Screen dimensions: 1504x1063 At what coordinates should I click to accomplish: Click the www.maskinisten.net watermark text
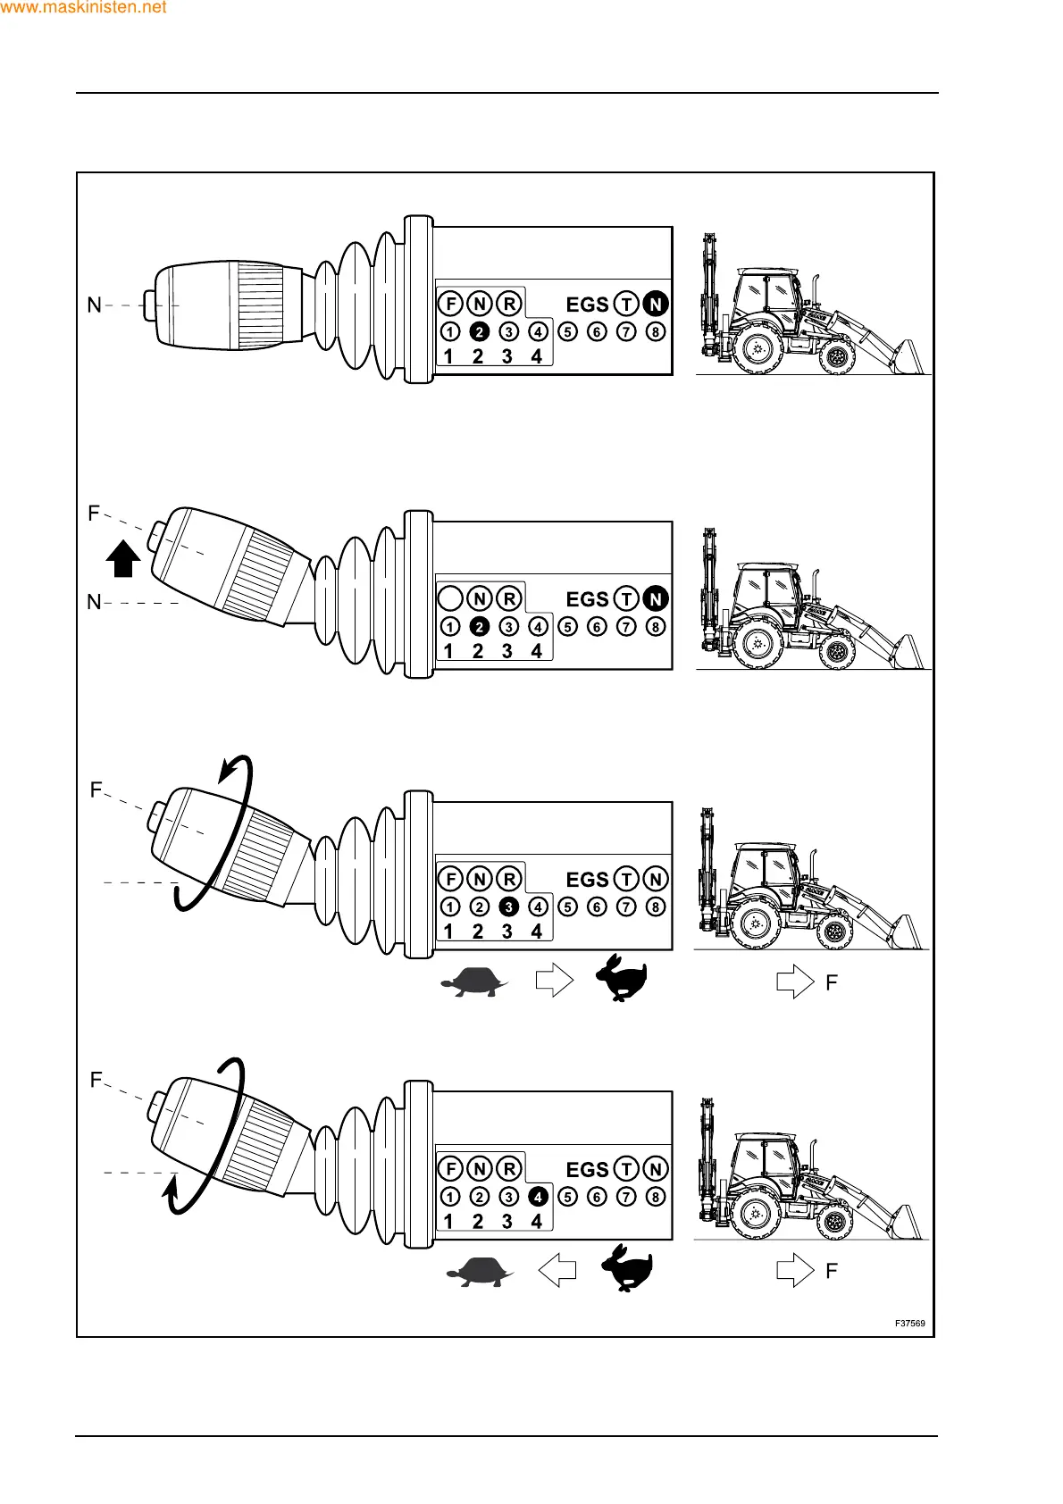click(83, 8)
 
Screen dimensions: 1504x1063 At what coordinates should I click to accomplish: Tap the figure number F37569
click(910, 1324)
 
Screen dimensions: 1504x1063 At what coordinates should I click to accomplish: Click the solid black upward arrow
click(123, 559)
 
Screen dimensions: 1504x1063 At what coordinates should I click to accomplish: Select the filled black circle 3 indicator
click(509, 907)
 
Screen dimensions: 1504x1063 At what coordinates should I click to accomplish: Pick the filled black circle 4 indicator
click(538, 1197)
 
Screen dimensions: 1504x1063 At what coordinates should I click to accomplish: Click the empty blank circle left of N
click(450, 598)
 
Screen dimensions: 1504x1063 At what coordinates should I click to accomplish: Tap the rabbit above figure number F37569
click(627, 1268)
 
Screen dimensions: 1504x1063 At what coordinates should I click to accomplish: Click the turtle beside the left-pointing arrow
click(480, 1270)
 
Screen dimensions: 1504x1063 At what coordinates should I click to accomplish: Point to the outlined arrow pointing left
click(557, 1270)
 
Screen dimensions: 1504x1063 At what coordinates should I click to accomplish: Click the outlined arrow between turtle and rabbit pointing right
click(554, 981)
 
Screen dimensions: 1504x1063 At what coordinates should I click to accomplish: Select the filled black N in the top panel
click(656, 305)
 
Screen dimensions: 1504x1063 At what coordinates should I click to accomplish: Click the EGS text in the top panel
click(587, 305)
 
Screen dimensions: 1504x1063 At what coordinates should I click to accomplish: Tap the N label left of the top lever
click(94, 305)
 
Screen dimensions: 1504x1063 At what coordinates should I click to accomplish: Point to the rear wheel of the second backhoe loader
click(757, 643)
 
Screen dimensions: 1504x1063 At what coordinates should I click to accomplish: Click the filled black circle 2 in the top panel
click(480, 332)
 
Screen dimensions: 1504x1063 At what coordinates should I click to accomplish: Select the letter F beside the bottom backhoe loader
click(832, 1271)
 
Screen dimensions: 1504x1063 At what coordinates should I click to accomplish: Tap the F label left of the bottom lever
click(96, 1081)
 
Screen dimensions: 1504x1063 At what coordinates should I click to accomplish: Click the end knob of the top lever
click(149, 305)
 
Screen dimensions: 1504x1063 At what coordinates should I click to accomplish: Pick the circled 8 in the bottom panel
click(656, 1197)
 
